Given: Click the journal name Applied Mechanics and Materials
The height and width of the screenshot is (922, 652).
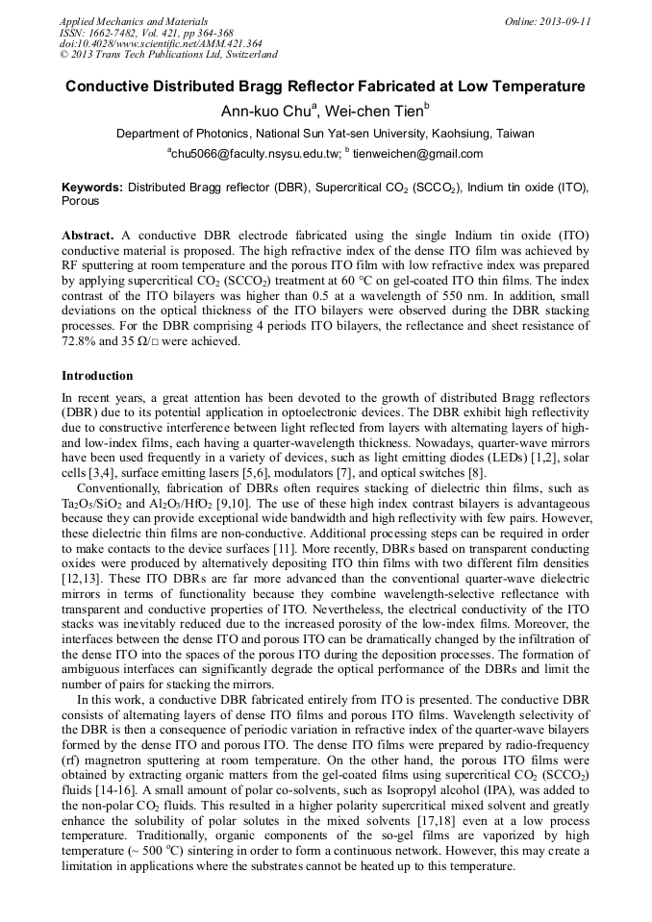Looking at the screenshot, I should [134, 21].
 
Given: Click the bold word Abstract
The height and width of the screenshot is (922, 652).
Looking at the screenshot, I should [88, 236].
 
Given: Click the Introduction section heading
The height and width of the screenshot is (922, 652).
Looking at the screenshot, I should [97, 375].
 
